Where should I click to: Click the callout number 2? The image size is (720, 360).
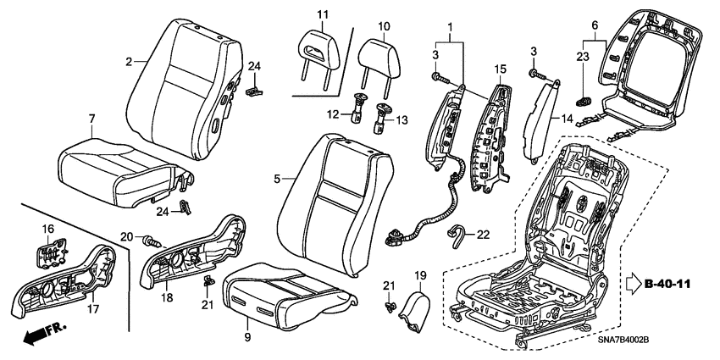pos(129,61)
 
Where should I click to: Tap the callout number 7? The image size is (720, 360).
pos(92,118)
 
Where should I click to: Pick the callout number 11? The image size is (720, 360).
pos(322,14)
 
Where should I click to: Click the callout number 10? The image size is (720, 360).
pos(384,26)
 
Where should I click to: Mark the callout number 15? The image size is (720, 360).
pos(501,68)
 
